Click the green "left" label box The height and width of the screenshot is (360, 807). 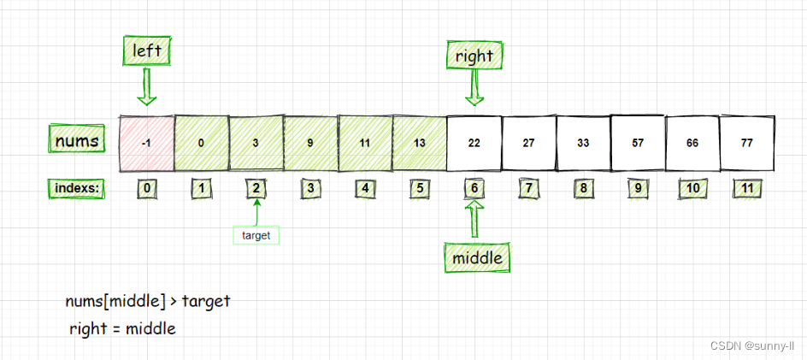point(147,50)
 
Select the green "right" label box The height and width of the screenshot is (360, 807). point(474,56)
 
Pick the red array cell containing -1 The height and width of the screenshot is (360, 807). point(147,143)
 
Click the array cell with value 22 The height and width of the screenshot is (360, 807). point(474,143)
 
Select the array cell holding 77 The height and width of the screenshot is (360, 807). point(746,143)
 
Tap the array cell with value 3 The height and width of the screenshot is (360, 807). point(256,143)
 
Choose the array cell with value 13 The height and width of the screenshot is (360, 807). point(419,143)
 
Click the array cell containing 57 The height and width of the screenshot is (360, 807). point(638,143)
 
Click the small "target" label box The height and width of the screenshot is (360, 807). point(256,233)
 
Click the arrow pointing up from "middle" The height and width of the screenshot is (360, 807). point(474,220)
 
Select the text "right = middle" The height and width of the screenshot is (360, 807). point(123,328)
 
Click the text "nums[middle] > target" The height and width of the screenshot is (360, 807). point(147,301)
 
